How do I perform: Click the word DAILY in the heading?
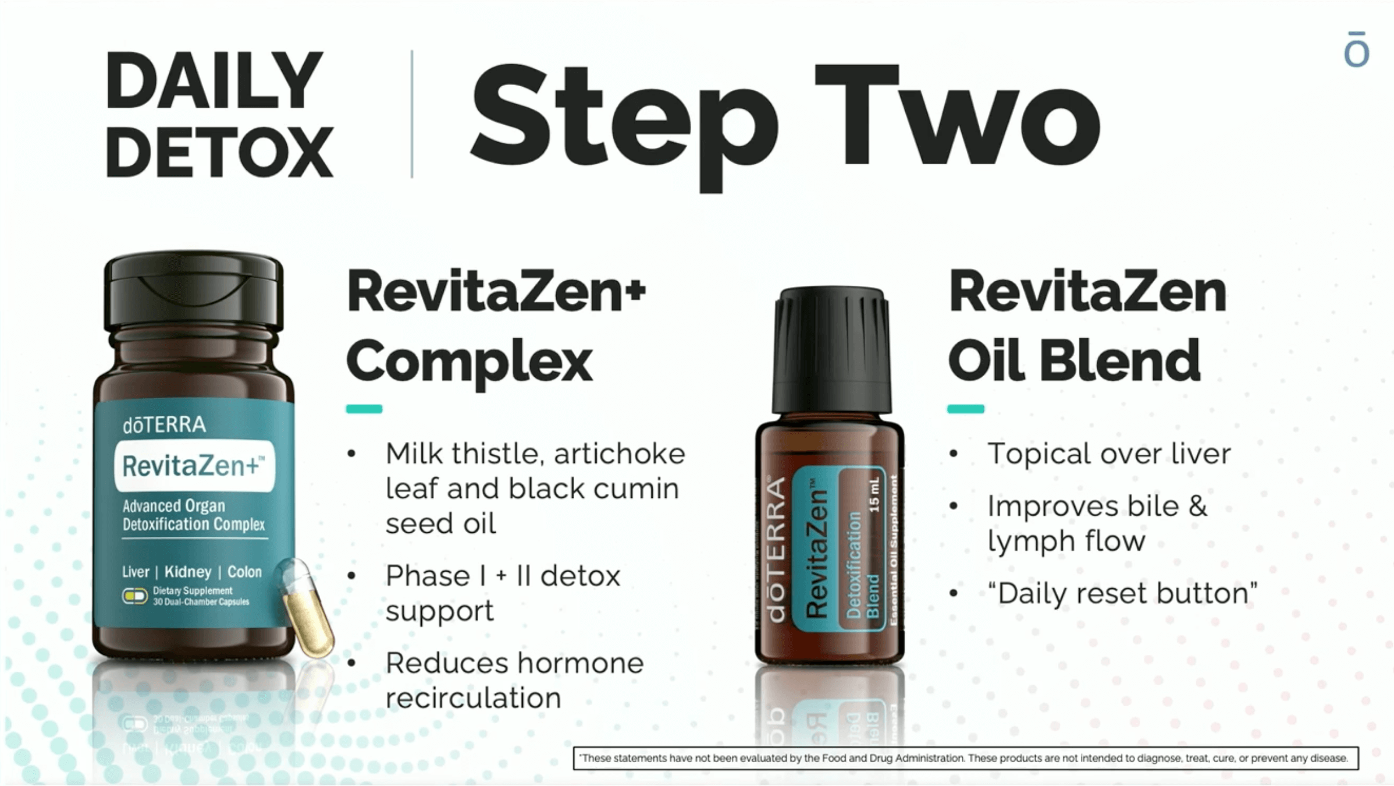(x=214, y=80)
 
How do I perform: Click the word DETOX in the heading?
(x=219, y=151)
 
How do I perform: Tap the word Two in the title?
(x=958, y=116)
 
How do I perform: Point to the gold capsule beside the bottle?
(x=305, y=607)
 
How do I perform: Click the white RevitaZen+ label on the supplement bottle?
(x=194, y=466)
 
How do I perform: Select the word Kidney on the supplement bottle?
(x=188, y=572)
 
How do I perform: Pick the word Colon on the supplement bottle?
(x=244, y=572)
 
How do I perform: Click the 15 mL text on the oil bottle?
(x=874, y=495)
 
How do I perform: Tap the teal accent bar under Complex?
(x=364, y=409)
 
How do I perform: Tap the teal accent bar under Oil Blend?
(x=966, y=409)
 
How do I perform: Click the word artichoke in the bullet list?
(x=620, y=454)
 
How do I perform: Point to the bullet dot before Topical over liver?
(x=953, y=454)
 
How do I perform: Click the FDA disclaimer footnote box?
(x=966, y=758)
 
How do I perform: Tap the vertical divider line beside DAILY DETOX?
(x=412, y=114)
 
